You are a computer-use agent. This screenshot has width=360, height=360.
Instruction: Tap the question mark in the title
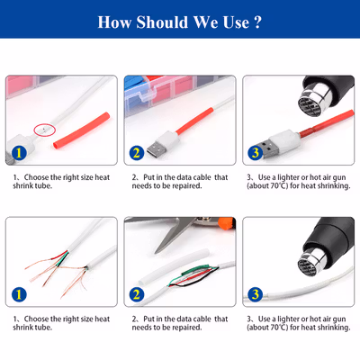coord(257,22)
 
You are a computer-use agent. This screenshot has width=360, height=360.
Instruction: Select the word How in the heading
coord(114,22)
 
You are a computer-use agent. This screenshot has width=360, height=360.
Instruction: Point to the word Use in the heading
coord(236,22)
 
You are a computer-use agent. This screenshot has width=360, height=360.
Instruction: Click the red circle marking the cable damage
coord(44,130)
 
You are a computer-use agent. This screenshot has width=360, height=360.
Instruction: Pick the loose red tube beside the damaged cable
coord(82,130)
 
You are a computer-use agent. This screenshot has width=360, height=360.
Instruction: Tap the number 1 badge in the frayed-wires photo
coord(19,294)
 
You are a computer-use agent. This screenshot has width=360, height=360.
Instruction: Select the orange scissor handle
coord(227,223)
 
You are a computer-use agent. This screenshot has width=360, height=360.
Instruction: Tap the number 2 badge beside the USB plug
coord(137,153)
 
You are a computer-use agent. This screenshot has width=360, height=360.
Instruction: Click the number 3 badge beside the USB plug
coord(256,153)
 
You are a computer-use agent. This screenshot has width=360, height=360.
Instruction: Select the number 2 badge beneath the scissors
coord(137,294)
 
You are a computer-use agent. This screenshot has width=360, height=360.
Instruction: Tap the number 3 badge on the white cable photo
coord(256,294)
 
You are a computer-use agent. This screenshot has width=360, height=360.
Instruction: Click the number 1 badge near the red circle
coord(19,153)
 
